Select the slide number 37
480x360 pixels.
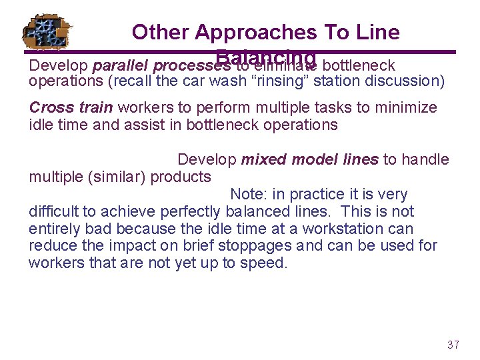pos(453,345)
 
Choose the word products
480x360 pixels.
pos(181,177)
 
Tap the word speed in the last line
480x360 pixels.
pos(267,263)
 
